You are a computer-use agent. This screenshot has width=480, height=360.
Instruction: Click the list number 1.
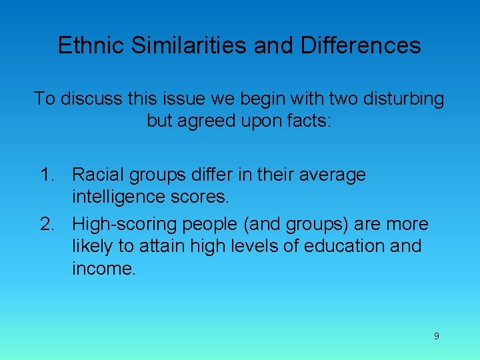[47, 175]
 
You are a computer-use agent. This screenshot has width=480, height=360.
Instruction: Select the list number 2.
[47, 223]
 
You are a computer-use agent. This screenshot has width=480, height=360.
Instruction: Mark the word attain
[163, 246]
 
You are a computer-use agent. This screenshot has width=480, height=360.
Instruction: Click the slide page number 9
[436, 336]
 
